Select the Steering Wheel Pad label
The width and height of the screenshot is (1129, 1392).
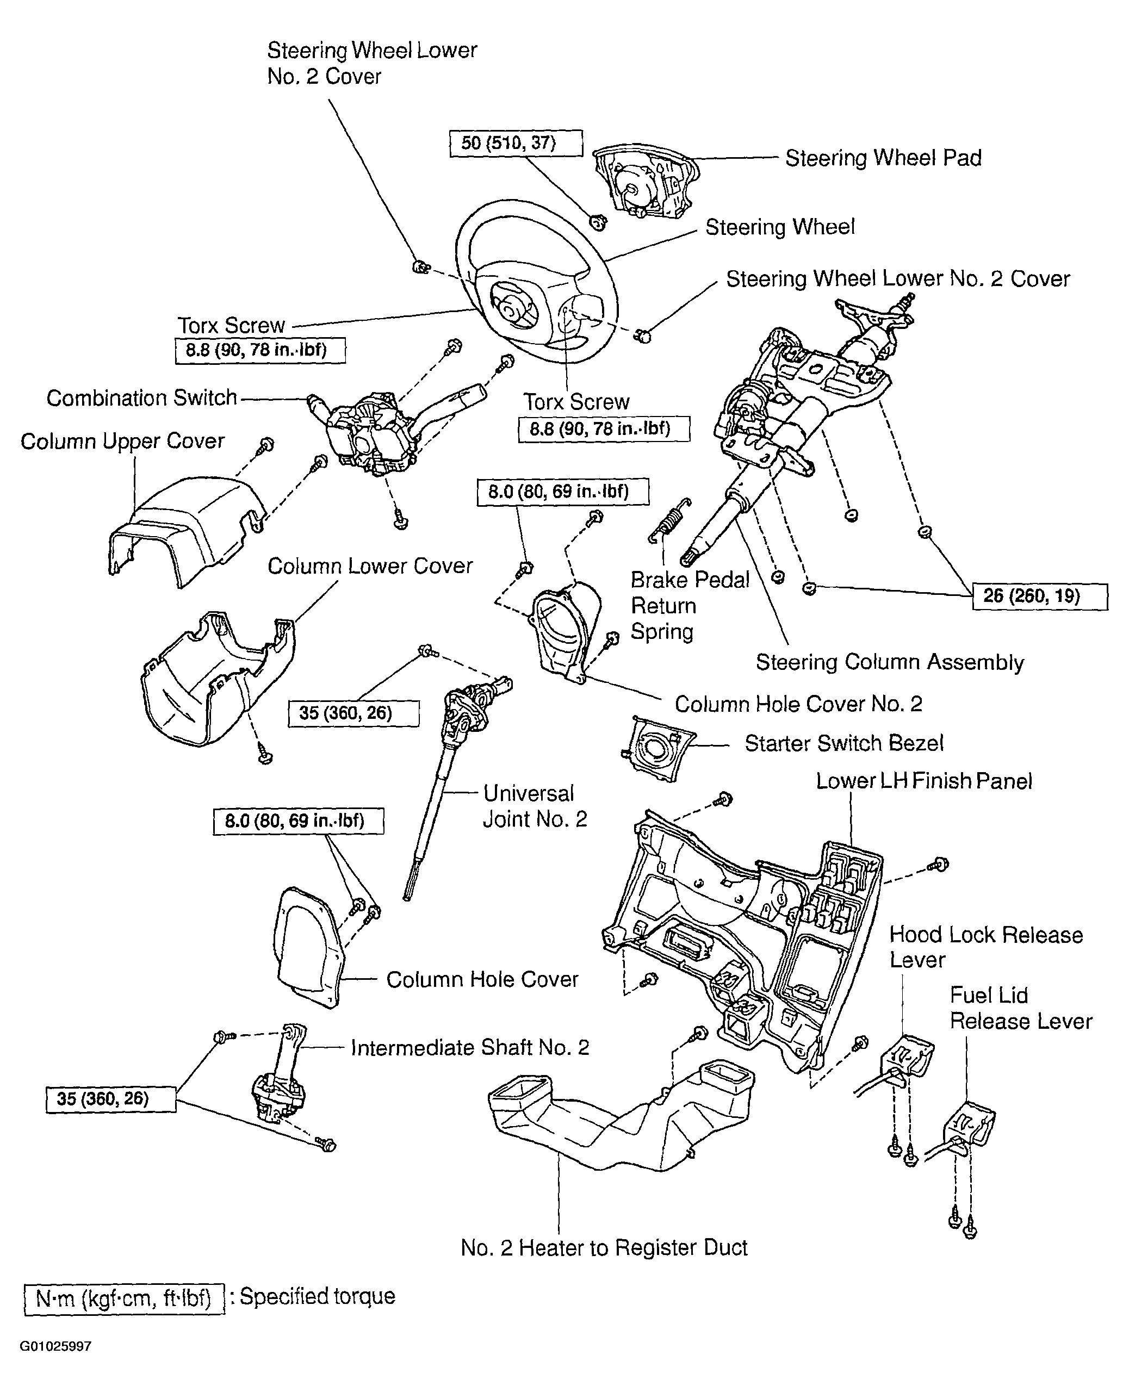[883, 158]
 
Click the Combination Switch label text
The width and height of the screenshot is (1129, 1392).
[142, 398]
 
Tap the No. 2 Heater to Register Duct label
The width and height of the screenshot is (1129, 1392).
[604, 1248]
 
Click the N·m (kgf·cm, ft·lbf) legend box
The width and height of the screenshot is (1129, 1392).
[124, 1299]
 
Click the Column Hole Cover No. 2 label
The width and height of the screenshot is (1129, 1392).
[798, 704]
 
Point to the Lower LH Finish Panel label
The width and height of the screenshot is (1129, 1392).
[923, 781]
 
